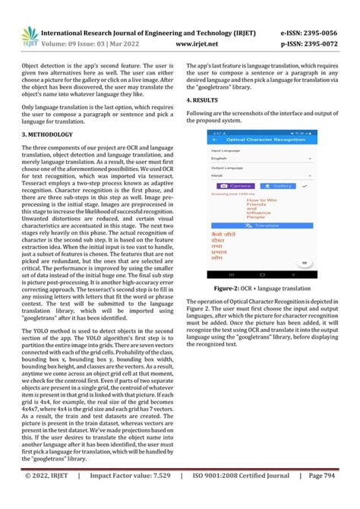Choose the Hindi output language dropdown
pyautogui.click(x=261, y=174)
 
